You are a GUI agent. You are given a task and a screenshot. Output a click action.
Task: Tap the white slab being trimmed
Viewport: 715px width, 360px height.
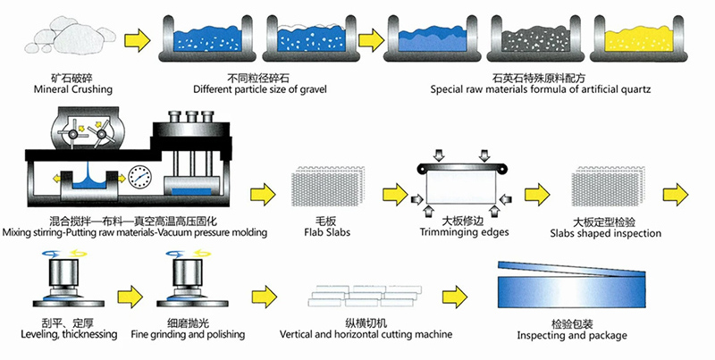(x=461, y=190)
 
